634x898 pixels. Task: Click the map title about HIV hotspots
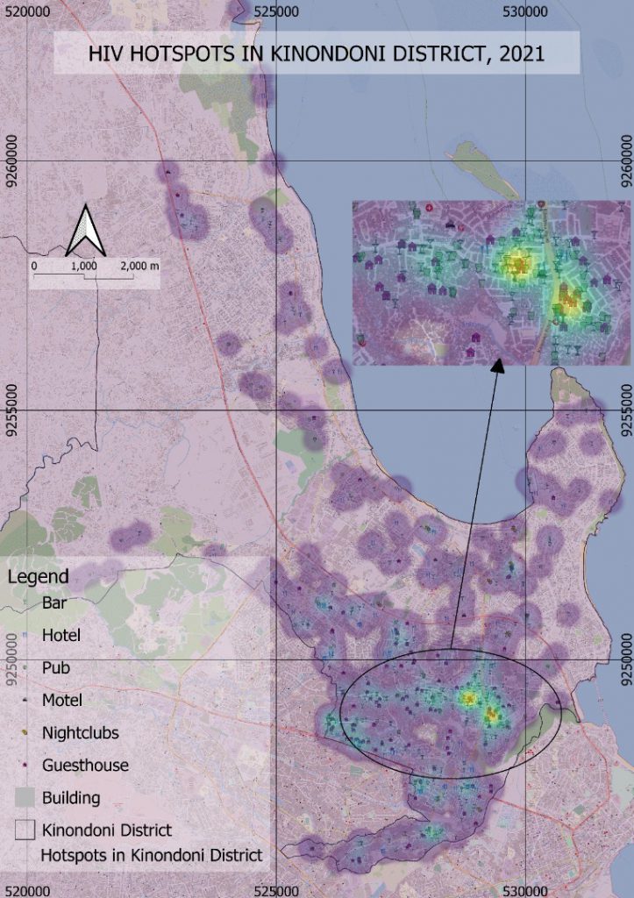(317, 53)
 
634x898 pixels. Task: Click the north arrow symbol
(86, 232)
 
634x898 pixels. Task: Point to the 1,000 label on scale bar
(83, 265)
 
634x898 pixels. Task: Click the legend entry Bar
(53, 602)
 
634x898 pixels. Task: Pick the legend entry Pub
(55, 667)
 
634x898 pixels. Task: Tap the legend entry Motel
(61, 700)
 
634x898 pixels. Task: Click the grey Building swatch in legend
(26, 797)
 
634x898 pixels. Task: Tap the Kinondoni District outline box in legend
(26, 829)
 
